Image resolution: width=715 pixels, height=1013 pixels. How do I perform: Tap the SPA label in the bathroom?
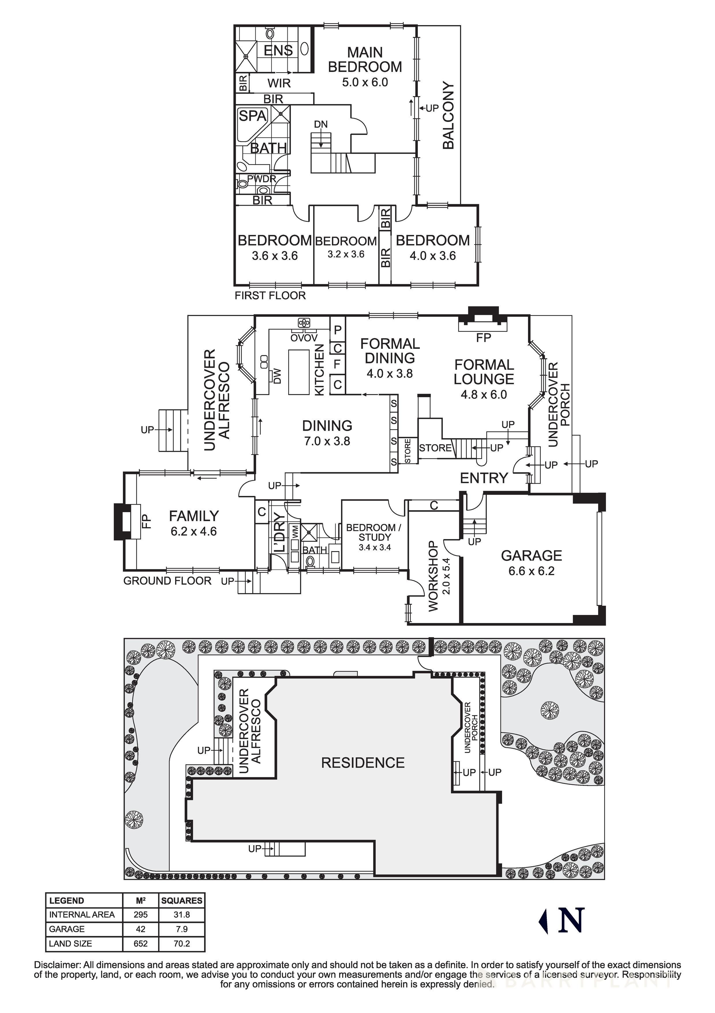252,116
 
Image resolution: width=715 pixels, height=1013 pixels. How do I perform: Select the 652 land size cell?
141,943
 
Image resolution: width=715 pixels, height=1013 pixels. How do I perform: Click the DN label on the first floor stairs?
321,124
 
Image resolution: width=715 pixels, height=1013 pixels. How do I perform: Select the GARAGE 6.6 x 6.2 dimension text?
531,571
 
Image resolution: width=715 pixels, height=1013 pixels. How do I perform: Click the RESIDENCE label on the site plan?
363,763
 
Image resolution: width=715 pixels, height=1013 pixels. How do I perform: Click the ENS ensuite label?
278,51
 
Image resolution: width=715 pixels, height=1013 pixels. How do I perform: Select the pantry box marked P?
338,330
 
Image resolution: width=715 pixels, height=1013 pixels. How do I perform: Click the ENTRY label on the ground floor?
484,478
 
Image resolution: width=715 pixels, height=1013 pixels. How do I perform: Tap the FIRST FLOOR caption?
270,295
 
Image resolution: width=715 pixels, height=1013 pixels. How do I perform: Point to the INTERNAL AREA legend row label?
82,915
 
